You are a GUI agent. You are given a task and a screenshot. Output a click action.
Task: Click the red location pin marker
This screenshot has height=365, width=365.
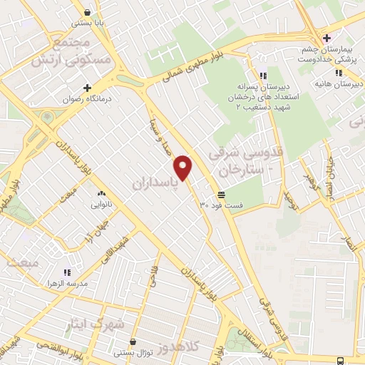[184, 167]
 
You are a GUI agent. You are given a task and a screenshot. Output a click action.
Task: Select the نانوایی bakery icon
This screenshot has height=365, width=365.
[101, 192]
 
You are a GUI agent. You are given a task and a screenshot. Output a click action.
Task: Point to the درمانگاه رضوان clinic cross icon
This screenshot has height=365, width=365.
[87, 88]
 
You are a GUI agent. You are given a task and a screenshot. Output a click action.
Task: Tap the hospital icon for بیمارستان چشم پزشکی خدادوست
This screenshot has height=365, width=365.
[327, 37]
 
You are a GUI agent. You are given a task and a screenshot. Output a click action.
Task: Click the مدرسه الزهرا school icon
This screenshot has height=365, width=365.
[66, 272]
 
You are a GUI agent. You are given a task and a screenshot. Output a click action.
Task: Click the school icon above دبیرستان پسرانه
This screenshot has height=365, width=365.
[262, 75]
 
